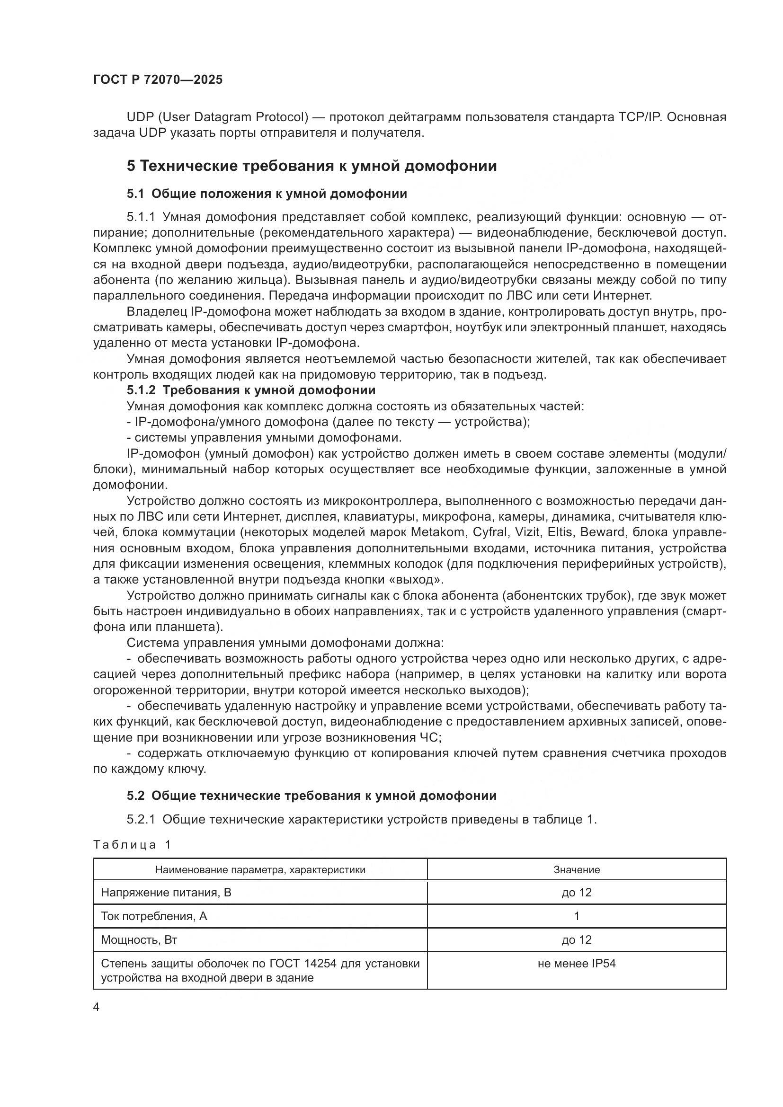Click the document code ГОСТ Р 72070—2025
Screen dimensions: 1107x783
tap(158, 80)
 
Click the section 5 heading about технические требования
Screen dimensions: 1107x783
tap(311, 166)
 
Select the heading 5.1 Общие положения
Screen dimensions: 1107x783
tap(267, 194)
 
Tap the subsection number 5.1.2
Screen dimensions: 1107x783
tap(141, 390)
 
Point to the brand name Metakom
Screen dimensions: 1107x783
tap(433, 532)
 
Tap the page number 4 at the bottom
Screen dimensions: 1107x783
tap(96, 1007)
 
